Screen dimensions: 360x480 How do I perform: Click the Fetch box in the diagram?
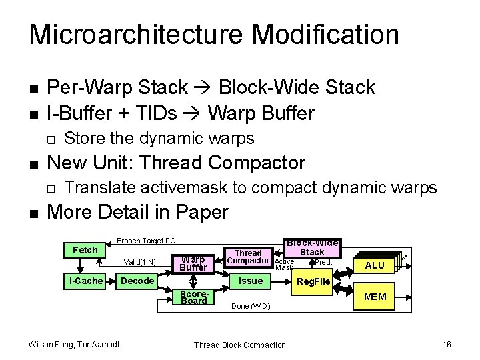click(x=85, y=250)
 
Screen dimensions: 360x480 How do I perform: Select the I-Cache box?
click(x=87, y=281)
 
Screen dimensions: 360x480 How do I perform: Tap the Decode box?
click(x=137, y=281)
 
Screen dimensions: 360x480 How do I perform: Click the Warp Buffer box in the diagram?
click(x=193, y=263)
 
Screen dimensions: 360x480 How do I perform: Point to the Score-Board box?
click(x=193, y=296)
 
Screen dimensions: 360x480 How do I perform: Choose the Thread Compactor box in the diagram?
click(x=248, y=257)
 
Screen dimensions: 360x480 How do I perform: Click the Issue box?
click(x=251, y=281)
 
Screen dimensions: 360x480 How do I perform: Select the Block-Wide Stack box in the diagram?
click(x=311, y=247)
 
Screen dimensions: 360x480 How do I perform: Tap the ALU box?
click(x=375, y=265)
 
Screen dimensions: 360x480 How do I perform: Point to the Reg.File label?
click(x=313, y=282)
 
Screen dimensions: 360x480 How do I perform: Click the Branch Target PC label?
click(x=145, y=241)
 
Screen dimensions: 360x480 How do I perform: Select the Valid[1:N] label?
click(x=140, y=263)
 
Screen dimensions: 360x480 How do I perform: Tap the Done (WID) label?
click(x=250, y=307)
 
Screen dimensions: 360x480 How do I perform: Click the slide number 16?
click(x=446, y=344)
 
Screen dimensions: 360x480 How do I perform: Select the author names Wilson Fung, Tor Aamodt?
click(x=73, y=344)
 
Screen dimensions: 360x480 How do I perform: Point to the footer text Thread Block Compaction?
click(x=239, y=345)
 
